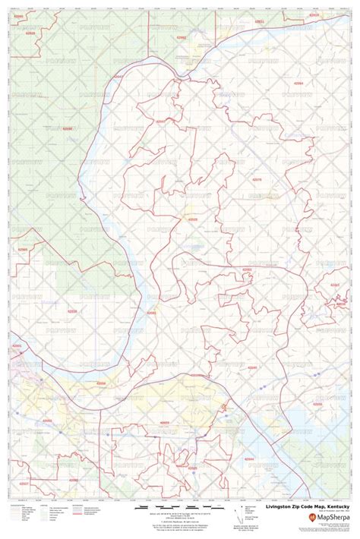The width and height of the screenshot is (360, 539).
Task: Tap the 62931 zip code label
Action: (x=259, y=22)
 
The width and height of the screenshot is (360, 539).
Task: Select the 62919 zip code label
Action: (x=314, y=14)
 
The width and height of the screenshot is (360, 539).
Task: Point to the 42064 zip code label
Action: (x=299, y=81)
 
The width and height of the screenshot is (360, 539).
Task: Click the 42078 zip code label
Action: (x=257, y=179)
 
